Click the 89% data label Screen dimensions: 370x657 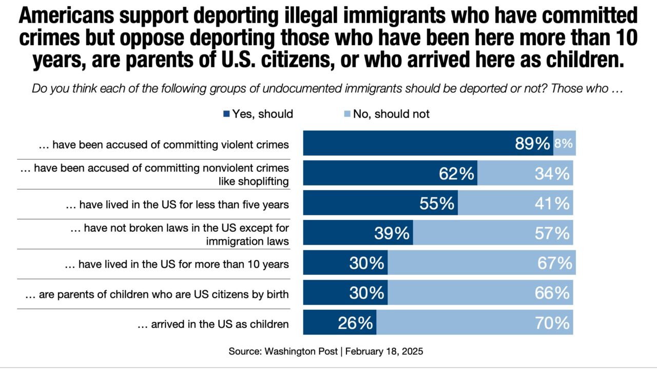532,144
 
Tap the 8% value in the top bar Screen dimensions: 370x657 564,144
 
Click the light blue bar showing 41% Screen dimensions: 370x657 515,203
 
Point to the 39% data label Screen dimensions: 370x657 392,234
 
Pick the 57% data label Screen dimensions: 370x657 552,234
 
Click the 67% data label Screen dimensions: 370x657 554,263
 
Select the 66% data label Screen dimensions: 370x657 552,293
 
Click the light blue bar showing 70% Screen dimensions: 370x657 475,323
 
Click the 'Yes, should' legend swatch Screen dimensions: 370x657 226,114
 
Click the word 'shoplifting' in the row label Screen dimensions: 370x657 266,181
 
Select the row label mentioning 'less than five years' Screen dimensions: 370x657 177,205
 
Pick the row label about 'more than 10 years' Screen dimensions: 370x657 177,264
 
